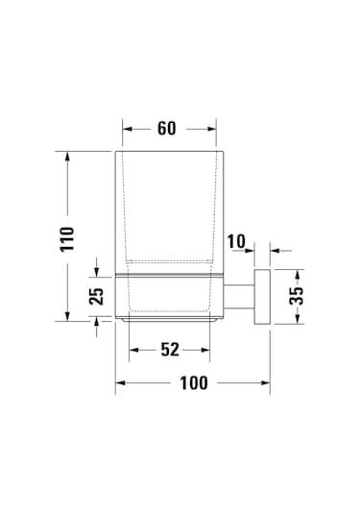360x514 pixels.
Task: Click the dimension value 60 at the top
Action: (166, 129)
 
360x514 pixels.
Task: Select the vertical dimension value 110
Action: (67, 239)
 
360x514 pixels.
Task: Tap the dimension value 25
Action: (96, 296)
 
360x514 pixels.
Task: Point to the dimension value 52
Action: (170, 350)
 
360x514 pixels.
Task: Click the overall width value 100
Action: (194, 383)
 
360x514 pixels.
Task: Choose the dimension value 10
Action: (236, 241)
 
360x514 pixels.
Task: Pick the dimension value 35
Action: (297, 296)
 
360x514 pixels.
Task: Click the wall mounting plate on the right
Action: (262, 297)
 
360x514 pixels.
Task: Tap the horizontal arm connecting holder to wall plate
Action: (239, 297)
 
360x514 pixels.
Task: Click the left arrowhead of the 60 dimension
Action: (127, 129)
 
